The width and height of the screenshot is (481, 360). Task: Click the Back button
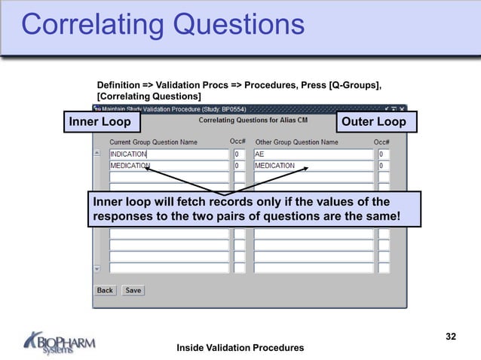point(105,290)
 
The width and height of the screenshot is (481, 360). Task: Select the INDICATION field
point(169,154)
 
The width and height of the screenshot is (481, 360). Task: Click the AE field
point(313,154)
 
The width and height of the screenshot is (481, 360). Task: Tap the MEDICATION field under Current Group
point(169,166)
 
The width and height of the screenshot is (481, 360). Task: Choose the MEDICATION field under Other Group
point(313,166)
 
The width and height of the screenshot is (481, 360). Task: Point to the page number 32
point(451,337)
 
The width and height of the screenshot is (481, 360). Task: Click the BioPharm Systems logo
point(60,343)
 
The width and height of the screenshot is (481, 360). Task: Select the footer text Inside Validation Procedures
point(240,347)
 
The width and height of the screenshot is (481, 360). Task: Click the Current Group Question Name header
point(154,142)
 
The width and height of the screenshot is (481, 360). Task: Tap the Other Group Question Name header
point(296,142)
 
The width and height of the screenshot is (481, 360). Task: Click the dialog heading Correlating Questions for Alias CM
point(263,121)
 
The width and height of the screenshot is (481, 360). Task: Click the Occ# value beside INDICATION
point(239,154)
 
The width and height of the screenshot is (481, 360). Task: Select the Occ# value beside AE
point(384,154)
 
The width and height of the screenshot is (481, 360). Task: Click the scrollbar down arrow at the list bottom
point(97,268)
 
